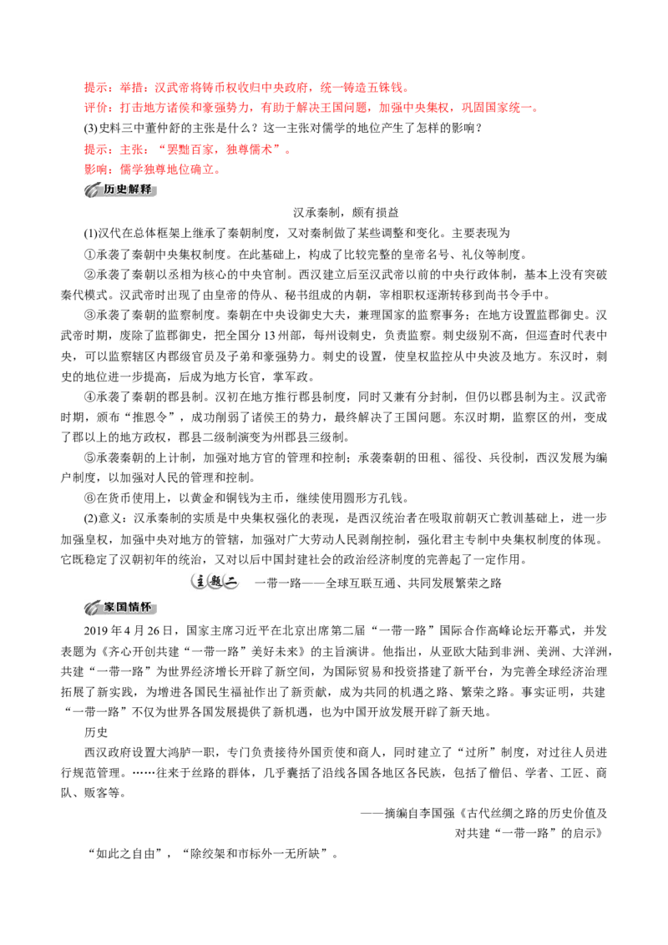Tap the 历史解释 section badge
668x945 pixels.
click(x=120, y=190)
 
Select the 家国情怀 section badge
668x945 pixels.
click(x=120, y=608)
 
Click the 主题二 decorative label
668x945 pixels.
click(x=215, y=582)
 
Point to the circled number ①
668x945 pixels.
click(x=90, y=255)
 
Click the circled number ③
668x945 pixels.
click(x=90, y=316)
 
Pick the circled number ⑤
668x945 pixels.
click(x=90, y=458)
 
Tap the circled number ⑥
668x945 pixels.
click(x=90, y=498)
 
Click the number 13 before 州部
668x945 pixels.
click(x=270, y=336)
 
